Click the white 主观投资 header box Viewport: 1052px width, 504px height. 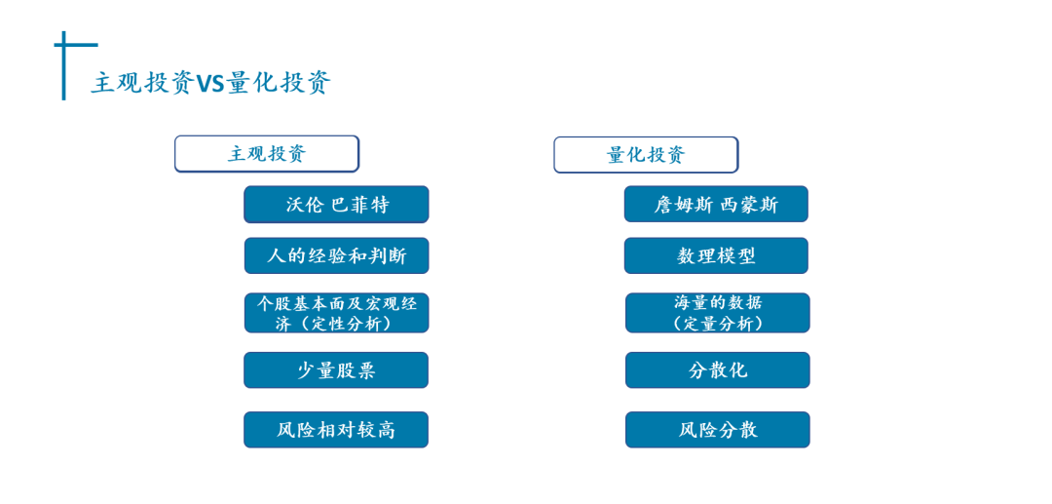click(x=267, y=154)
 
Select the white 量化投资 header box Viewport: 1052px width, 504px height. click(x=646, y=155)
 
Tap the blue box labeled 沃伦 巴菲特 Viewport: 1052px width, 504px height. click(x=336, y=204)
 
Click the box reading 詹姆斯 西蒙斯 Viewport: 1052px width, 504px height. click(x=716, y=204)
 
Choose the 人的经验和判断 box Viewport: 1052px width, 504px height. click(x=336, y=255)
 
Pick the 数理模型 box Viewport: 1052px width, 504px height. click(x=716, y=255)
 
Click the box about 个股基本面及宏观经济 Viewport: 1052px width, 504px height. click(x=336, y=313)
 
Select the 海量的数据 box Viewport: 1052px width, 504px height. click(x=717, y=313)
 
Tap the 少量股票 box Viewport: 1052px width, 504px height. click(x=336, y=369)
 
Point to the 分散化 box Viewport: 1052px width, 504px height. click(x=717, y=369)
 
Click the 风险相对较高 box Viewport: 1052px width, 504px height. click(x=336, y=430)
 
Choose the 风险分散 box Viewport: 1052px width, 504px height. click(x=717, y=430)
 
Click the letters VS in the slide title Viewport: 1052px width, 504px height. click(x=210, y=83)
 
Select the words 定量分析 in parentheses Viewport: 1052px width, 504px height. click(x=718, y=324)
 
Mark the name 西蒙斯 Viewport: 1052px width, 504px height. click(x=749, y=205)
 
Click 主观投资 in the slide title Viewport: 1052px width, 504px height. click(x=143, y=83)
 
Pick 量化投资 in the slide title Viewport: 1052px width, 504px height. click(x=279, y=83)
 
